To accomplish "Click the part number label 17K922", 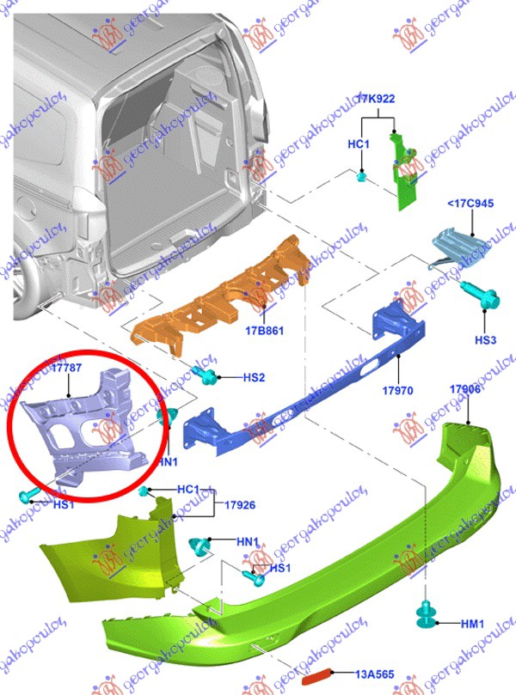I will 377,100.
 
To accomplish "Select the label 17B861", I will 264,330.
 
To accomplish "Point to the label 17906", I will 465,390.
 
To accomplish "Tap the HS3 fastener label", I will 486,340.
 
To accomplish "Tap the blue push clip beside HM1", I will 425,614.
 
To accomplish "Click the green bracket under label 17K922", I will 403,172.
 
